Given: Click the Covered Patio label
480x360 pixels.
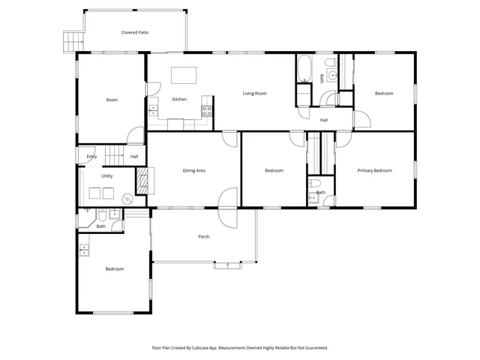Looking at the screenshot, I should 136,32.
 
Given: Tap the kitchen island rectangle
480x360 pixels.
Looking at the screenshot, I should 182,76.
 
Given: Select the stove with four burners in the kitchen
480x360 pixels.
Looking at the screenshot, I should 206,111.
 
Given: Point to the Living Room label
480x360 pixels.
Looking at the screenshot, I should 254,94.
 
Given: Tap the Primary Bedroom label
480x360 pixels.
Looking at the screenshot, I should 374,171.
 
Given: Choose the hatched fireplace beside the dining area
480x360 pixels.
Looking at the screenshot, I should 142,179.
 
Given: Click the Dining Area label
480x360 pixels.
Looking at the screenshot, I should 194,171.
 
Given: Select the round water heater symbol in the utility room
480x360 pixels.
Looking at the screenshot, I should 127,199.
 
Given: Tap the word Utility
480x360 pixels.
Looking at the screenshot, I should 107,175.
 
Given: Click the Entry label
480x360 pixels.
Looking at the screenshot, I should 91,157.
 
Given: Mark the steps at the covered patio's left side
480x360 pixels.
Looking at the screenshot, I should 72,40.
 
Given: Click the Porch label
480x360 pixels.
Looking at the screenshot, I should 203,237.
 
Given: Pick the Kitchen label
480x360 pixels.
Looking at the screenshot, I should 179,100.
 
